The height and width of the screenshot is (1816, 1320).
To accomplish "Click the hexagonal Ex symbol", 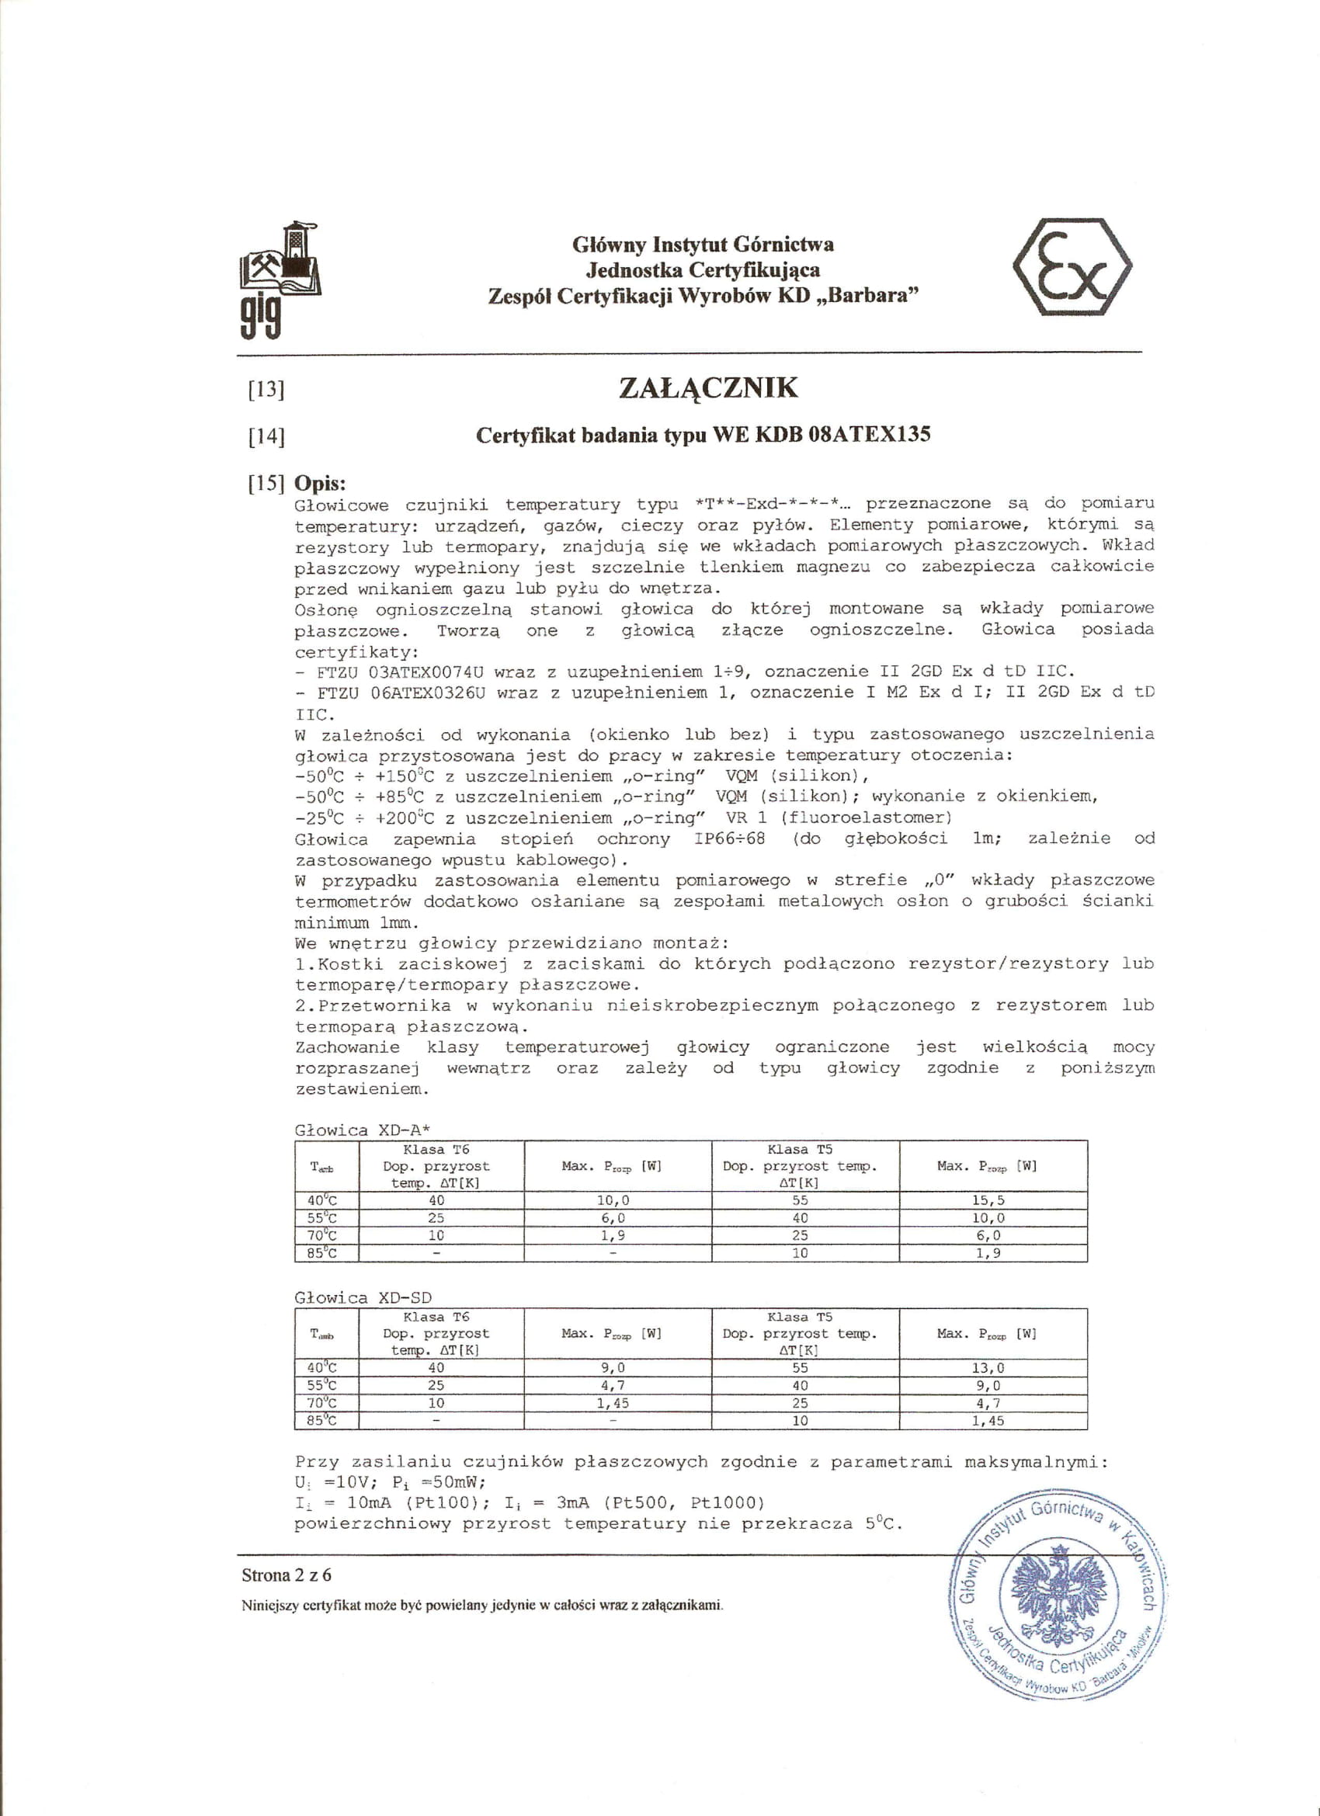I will click(x=1072, y=267).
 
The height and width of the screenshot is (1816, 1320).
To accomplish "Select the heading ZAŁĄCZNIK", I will click(x=708, y=387).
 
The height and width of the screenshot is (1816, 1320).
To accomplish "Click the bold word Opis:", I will click(x=321, y=483).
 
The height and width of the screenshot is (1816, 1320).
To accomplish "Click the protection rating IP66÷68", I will click(x=729, y=839).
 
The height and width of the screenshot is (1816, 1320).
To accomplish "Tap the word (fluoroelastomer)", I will click(x=867, y=818).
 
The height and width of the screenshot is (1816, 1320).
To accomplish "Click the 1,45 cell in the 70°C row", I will click(x=613, y=1403).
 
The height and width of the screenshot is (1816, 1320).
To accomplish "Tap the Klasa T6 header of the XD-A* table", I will click(x=436, y=1149).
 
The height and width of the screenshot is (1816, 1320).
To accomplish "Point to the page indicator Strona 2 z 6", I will click(x=287, y=1575).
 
